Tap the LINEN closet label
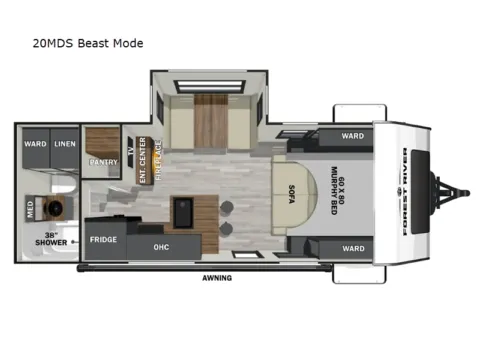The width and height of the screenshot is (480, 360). pos(65,142)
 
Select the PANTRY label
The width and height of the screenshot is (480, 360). pos(102,161)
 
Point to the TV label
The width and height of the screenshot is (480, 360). pos(130,151)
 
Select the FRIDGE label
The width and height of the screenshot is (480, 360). pos(101,240)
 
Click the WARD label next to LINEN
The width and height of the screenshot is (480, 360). pos(35,142)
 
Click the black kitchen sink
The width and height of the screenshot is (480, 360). pos(185,211)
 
